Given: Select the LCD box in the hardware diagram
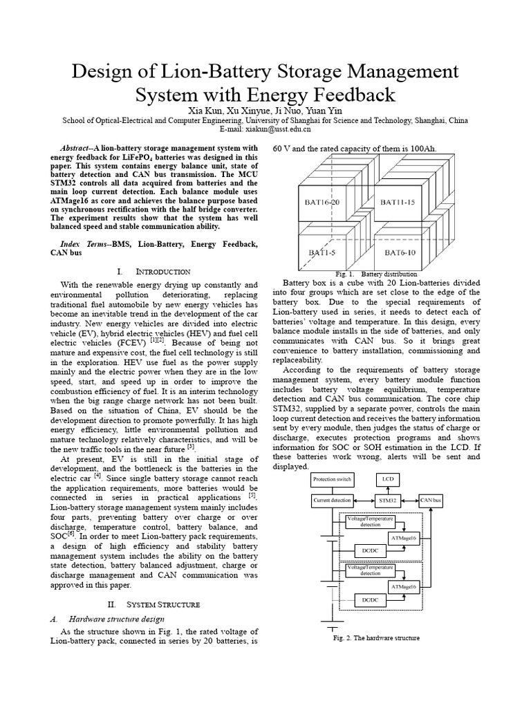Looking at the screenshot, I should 386,479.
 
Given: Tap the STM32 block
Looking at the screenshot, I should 386,500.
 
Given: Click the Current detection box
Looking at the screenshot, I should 331,500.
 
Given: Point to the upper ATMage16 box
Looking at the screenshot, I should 404,537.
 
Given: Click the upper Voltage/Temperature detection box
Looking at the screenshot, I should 369,521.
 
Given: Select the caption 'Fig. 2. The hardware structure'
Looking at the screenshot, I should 375,638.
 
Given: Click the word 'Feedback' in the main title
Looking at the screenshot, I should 349,95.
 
